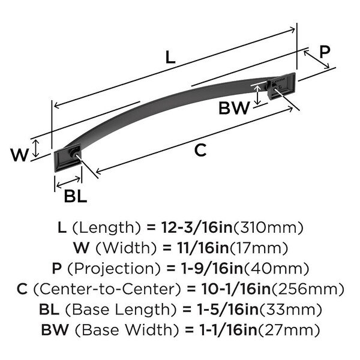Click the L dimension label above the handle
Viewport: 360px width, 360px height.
tap(170, 57)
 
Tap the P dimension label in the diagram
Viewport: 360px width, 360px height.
tap(325, 52)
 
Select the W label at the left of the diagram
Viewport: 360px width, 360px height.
tap(20, 155)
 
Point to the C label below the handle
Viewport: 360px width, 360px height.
tap(200, 150)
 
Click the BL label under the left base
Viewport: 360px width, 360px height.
tap(76, 196)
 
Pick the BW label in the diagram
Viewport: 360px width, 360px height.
tap(234, 108)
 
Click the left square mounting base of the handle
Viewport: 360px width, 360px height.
tap(68, 158)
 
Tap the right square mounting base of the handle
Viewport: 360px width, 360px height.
tap(282, 85)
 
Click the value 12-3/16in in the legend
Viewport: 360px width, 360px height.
tap(197, 228)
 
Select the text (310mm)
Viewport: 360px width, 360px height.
tap(268, 228)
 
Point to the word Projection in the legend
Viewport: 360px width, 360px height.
tap(113, 269)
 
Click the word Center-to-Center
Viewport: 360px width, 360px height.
tap(107, 289)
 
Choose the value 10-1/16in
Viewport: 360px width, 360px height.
tap(236, 289)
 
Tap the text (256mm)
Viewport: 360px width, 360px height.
tap(308, 289)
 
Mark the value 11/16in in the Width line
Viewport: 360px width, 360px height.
tap(203, 248)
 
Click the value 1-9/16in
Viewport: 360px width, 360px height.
tap(212, 269)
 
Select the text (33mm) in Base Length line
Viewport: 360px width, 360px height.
tap(290, 310)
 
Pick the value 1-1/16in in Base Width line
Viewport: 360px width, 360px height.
tap(228, 330)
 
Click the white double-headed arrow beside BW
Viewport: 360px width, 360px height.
tap(257, 95)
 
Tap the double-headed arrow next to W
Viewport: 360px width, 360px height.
tap(35, 148)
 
